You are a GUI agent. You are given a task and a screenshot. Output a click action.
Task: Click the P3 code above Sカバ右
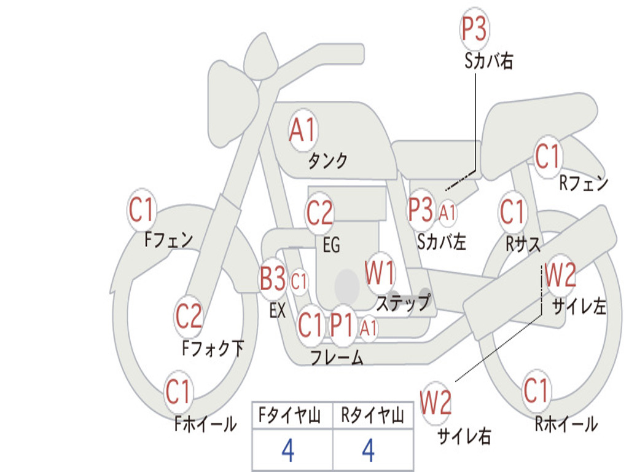474,29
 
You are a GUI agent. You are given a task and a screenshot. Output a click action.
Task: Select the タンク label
327,160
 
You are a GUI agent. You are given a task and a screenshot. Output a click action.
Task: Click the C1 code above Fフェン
142,210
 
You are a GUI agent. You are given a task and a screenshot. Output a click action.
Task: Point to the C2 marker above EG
319,213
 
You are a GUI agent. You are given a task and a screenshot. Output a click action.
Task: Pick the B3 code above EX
273,278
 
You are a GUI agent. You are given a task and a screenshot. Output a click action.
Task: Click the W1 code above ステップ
380,273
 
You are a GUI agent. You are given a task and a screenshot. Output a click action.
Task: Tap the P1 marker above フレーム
342,324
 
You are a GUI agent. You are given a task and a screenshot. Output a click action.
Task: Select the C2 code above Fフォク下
189,317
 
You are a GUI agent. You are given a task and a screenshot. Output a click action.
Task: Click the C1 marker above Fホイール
178,391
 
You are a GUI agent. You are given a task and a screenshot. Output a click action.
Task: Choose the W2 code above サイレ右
436,403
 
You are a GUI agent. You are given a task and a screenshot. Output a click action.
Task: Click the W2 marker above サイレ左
560,275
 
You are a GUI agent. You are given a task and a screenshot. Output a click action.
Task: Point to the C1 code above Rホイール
536,390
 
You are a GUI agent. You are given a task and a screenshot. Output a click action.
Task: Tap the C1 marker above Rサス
512,211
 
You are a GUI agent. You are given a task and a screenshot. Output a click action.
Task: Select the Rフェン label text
584,183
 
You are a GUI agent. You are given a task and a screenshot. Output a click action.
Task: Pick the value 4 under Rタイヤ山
369,450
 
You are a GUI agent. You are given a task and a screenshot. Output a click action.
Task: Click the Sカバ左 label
441,242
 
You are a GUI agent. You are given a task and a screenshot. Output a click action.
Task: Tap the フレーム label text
337,357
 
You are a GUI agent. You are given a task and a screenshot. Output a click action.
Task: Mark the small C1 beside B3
299,281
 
